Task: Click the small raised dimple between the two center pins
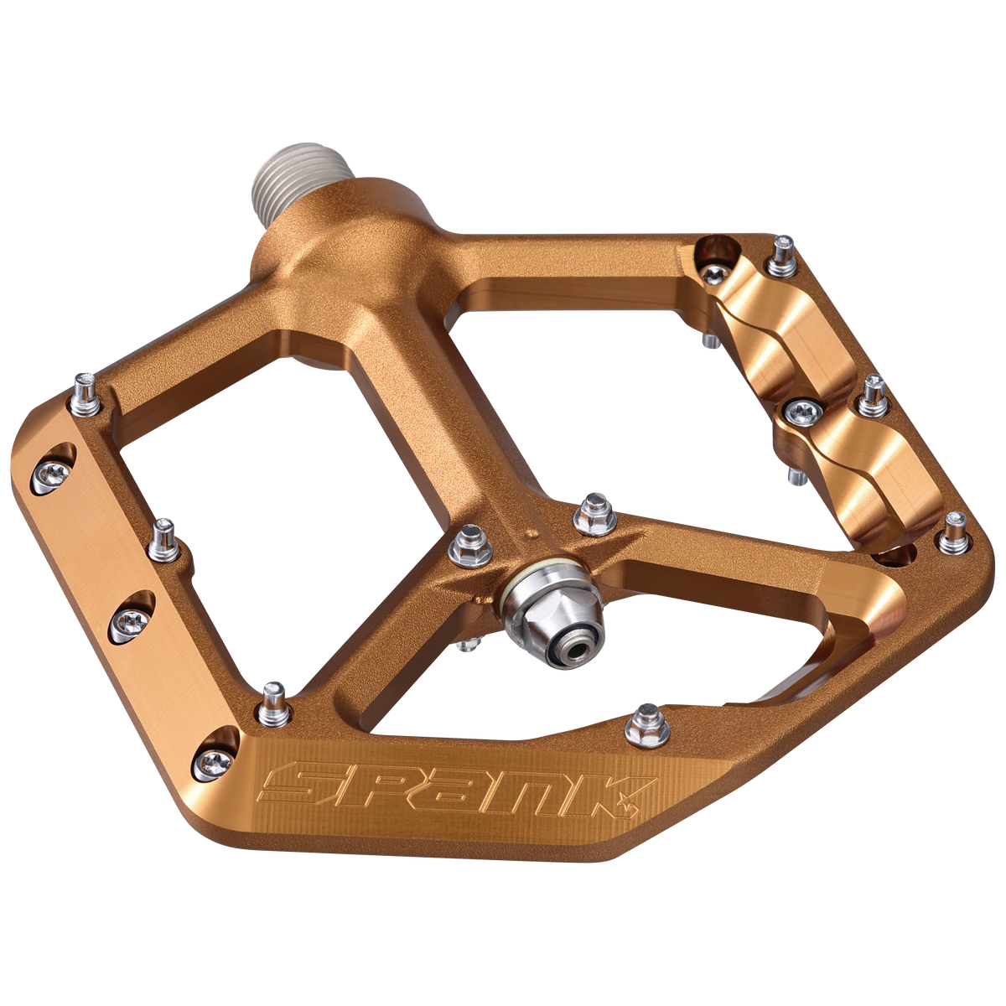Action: (x=530, y=532)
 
